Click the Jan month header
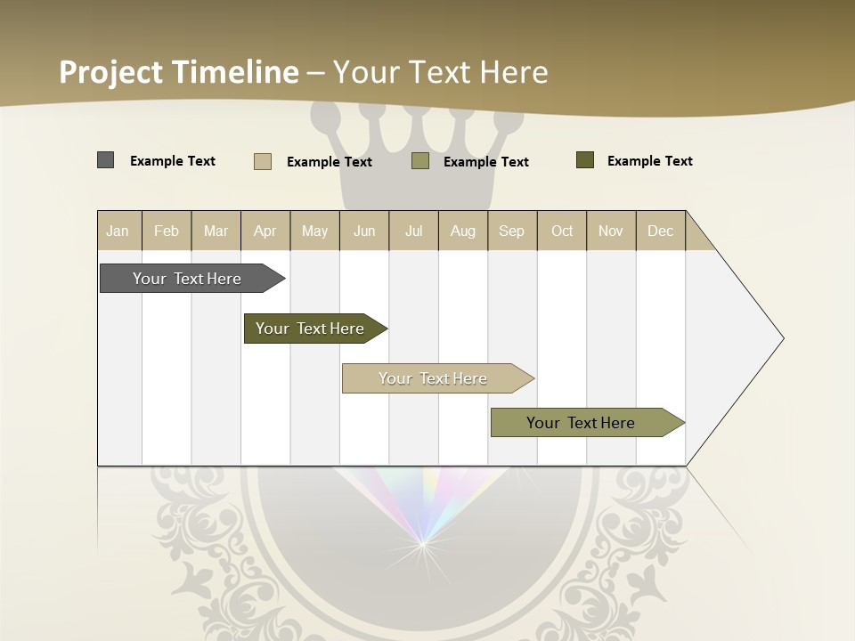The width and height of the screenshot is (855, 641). [x=118, y=231]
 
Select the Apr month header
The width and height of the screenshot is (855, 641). [x=265, y=231]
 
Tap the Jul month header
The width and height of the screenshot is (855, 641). [x=413, y=231]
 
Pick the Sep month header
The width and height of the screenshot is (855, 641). [x=511, y=231]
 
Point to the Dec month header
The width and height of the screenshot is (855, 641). [x=660, y=231]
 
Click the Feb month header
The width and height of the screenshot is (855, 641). [x=167, y=231]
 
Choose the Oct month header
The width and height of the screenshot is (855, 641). [x=562, y=231]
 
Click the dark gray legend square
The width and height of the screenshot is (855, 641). [x=106, y=160]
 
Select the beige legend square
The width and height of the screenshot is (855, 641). [x=263, y=161]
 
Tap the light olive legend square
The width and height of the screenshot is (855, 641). [x=420, y=160]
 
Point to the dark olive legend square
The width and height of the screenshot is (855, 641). [x=585, y=160]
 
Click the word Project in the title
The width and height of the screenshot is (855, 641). [x=111, y=72]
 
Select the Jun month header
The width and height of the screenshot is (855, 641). [x=364, y=231]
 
